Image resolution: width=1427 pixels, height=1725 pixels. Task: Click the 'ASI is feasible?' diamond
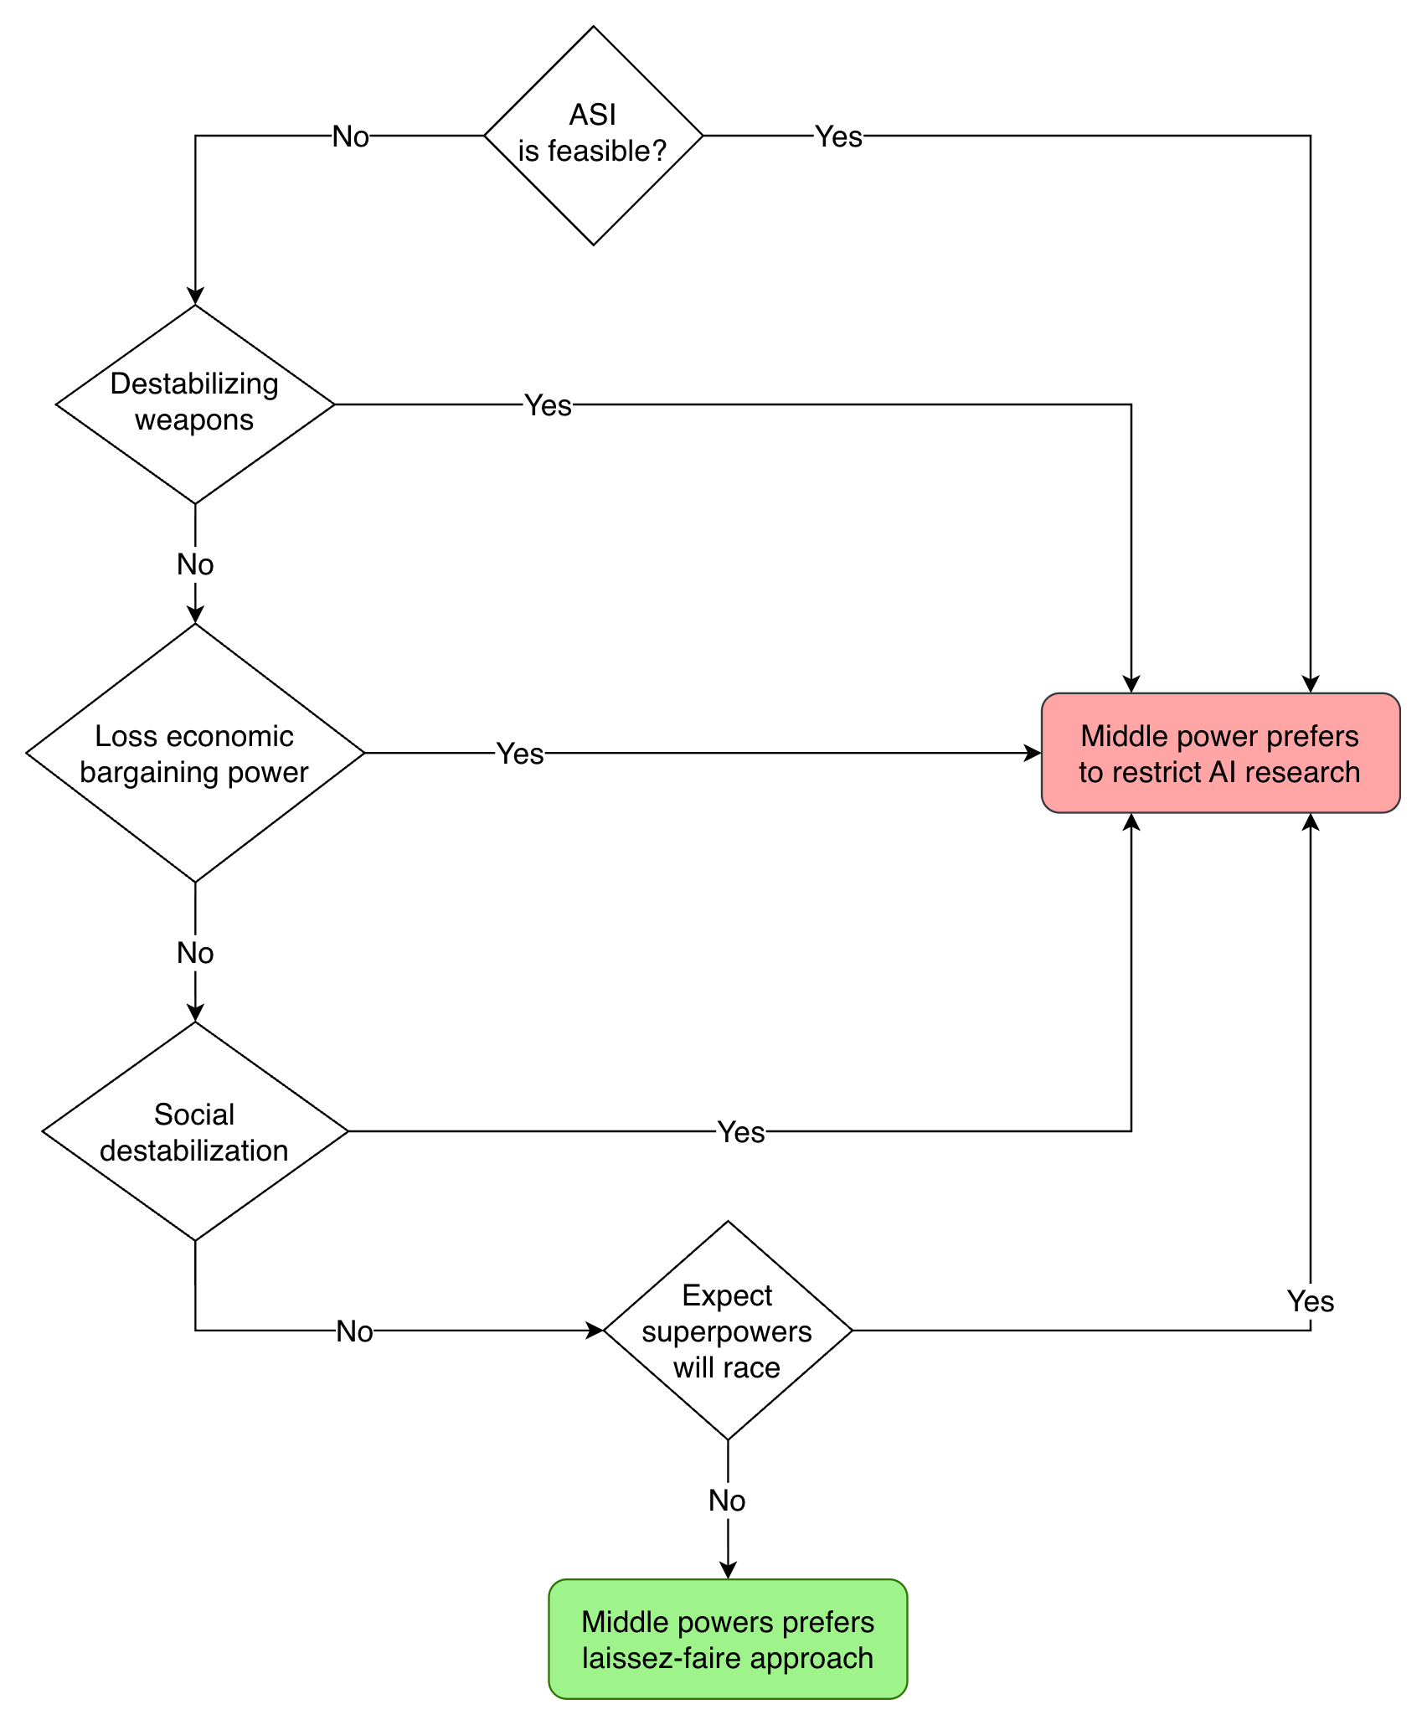coord(593,135)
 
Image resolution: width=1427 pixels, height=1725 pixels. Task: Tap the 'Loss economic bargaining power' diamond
coord(194,753)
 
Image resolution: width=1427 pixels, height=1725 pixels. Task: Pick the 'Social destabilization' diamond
coord(194,1131)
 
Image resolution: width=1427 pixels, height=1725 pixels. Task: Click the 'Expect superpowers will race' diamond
coord(727,1331)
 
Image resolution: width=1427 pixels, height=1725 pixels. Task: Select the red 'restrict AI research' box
coord(1220,753)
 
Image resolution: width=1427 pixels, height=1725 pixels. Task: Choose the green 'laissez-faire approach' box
coord(727,1640)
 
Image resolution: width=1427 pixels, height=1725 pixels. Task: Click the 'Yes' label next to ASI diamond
coord(838,136)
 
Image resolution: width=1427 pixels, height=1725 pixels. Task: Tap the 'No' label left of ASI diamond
coord(350,136)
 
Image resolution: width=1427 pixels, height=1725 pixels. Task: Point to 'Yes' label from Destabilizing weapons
coord(548,405)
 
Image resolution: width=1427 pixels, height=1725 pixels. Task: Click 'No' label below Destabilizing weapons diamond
coord(195,564)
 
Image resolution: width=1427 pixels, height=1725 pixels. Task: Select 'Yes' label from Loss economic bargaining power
coord(520,754)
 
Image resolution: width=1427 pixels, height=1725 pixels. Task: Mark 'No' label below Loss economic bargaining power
coord(195,953)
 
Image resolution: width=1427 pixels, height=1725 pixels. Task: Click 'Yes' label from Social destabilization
coord(741,1132)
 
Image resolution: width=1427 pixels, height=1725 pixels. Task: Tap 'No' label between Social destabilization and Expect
coord(354,1331)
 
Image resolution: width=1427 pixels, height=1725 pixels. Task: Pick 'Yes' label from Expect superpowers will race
coord(1311,1301)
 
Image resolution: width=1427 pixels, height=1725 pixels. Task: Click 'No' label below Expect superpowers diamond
coord(727,1501)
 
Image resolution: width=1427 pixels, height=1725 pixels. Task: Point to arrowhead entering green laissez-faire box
coord(728,1570)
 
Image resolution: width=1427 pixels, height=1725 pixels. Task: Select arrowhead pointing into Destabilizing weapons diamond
coord(195,296)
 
